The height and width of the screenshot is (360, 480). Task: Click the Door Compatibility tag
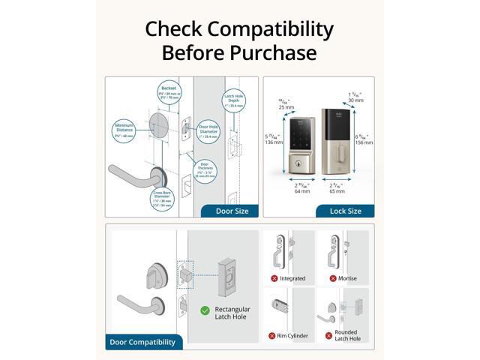point(142,342)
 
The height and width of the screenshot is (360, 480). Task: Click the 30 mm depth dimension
point(355,96)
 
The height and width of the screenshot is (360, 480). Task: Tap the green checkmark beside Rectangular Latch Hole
point(205,310)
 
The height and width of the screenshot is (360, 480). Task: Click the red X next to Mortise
point(332,278)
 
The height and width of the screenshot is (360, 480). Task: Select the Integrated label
point(292,278)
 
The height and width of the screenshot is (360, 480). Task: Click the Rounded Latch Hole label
point(346,336)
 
